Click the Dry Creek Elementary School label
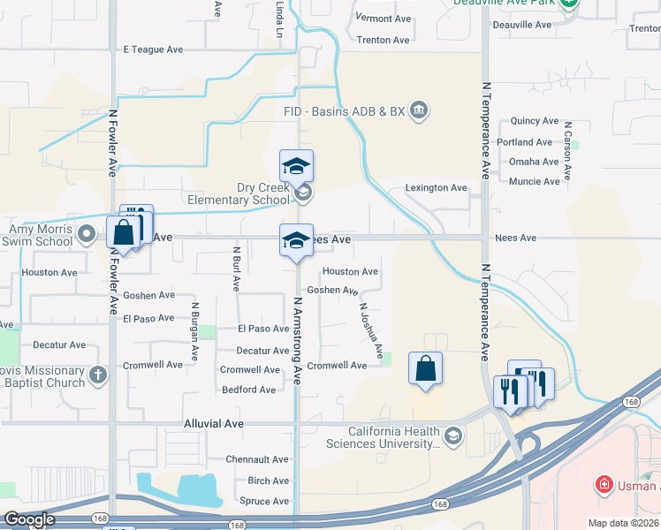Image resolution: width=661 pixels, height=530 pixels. point(239,193)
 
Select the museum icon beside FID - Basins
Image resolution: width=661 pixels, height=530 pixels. point(420,110)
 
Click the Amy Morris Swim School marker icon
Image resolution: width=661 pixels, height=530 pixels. point(87,234)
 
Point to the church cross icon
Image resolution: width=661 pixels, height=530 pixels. point(97,375)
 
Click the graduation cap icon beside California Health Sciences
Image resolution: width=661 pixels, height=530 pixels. point(453,435)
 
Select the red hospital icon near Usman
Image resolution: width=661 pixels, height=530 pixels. point(604,485)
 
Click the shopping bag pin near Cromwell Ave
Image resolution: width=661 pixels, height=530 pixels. point(426,367)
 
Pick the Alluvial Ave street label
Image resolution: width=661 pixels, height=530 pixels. point(213,424)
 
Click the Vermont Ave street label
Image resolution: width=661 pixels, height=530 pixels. point(384,19)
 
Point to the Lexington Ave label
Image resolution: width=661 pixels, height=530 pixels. point(436,188)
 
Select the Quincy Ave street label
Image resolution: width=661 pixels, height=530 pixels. point(535,121)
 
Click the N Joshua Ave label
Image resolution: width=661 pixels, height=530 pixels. point(370,332)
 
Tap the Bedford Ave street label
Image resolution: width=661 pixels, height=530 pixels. point(249,390)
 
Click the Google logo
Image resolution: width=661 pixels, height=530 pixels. point(29,519)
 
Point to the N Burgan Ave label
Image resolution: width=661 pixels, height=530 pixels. point(194,336)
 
